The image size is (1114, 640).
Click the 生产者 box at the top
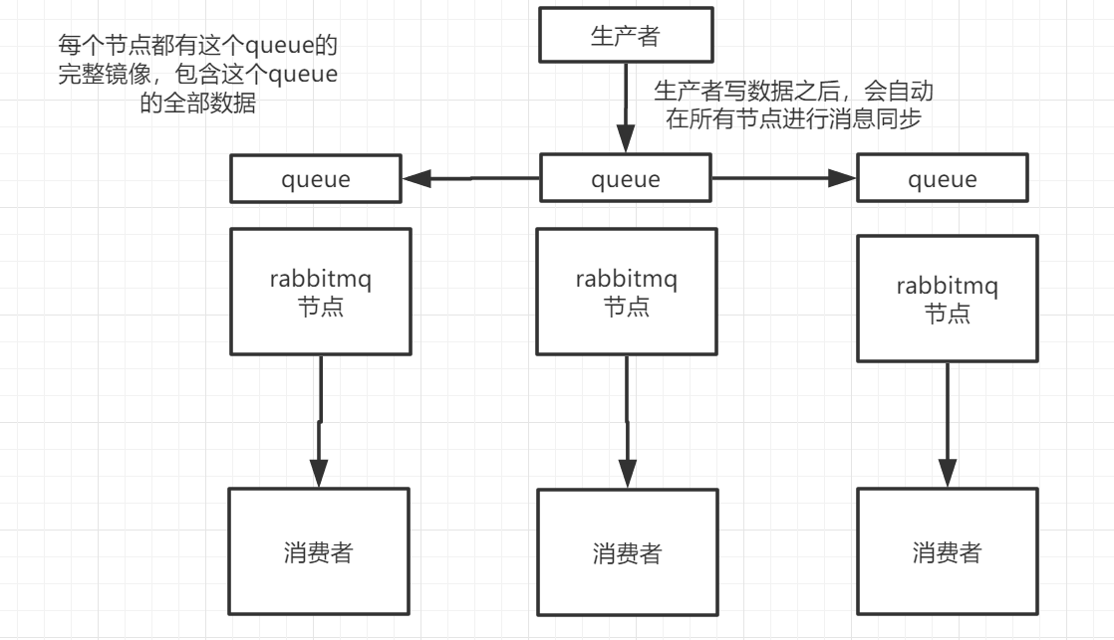[626, 37]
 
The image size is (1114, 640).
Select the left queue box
[317, 180]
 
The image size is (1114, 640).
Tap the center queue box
[626, 180]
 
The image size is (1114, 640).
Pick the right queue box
[943, 180]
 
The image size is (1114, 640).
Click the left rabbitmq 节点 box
[320, 291]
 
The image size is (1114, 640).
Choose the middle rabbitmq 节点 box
[627, 291]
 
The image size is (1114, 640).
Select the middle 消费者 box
[627, 553]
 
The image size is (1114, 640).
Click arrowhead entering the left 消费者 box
[319, 473]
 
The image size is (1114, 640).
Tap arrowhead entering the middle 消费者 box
[627, 474]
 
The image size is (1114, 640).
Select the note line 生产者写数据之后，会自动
[793, 92]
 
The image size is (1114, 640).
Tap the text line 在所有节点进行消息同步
[793, 120]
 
